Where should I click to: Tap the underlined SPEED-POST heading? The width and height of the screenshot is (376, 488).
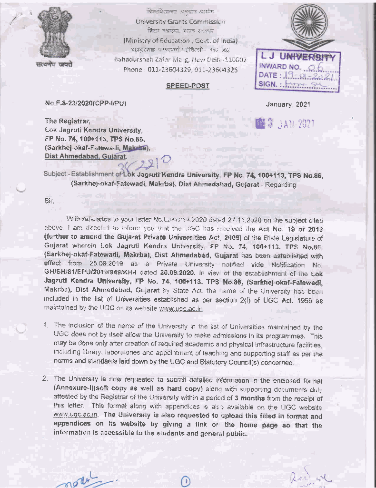pos(187,86)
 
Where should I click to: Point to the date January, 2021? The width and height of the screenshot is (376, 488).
pos(288,103)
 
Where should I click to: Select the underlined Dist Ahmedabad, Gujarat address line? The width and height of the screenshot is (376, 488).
pos(86,155)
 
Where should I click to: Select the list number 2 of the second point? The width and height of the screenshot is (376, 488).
pos(45,378)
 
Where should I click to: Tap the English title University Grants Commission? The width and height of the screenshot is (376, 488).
pos(180,21)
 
